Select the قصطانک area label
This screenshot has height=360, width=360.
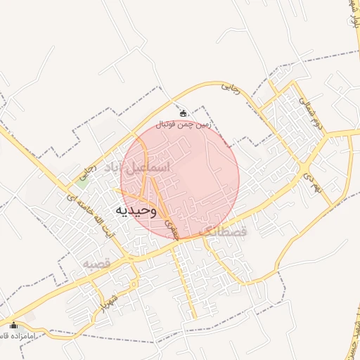pyautogui.click(x=224, y=231)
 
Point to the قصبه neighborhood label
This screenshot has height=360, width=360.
pyautogui.click(x=97, y=263)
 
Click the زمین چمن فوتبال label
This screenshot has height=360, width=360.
pyautogui.click(x=184, y=124)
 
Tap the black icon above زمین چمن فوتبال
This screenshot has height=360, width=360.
pyautogui.click(x=184, y=112)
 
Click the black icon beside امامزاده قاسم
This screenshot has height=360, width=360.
pyautogui.click(x=13, y=325)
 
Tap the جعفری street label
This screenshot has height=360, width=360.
pyautogui.click(x=172, y=226)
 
